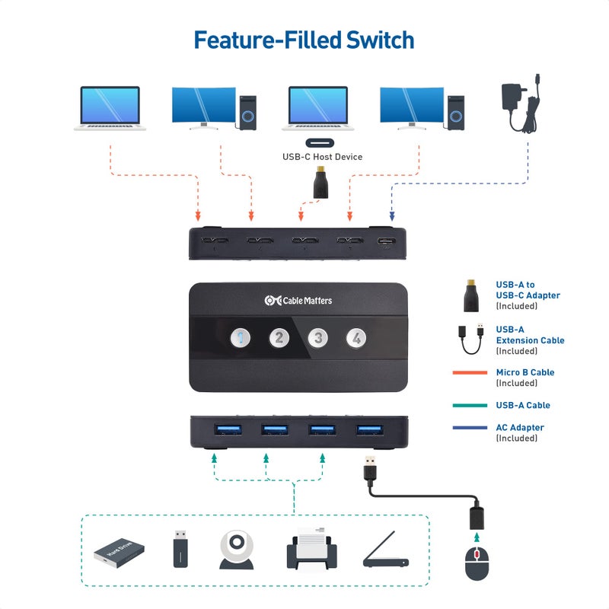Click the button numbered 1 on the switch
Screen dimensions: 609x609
240,337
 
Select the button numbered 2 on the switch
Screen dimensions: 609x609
279,337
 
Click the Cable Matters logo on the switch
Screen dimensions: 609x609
298,301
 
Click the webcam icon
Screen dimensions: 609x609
237,550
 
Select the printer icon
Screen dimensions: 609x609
311,549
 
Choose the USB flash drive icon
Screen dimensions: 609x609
180,548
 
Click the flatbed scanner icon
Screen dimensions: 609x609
385,551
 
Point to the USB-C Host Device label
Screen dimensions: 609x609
322,157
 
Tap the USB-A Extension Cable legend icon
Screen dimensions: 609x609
470,339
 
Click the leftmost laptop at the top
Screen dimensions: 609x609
110,108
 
